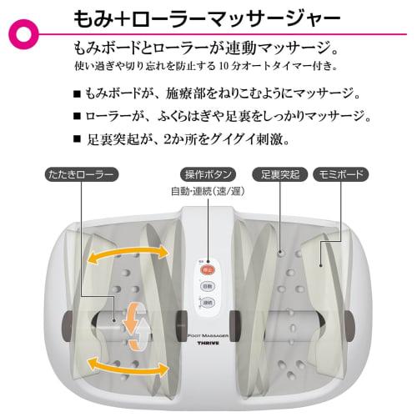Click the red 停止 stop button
(x=208, y=269)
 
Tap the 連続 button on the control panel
(x=208, y=302)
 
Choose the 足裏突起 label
(x=277, y=175)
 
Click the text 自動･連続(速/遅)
(x=206, y=192)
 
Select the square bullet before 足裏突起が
(x=77, y=138)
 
